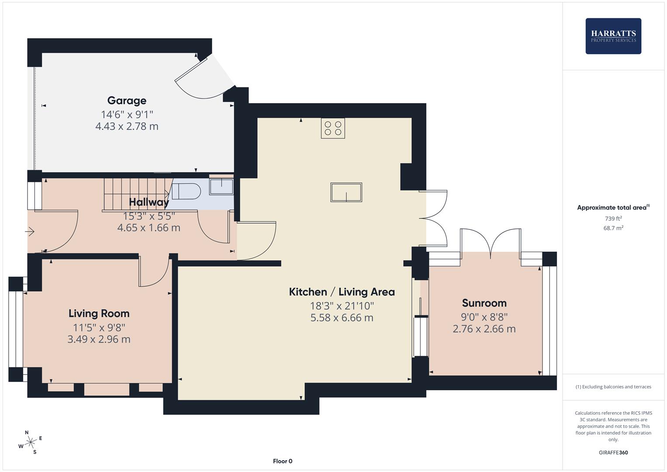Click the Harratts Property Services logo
(x=613, y=36)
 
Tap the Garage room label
(x=127, y=101)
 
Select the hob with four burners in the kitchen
(x=333, y=128)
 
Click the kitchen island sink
(x=346, y=192)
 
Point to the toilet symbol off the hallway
(x=186, y=191)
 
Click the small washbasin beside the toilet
(x=221, y=186)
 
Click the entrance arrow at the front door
(x=30, y=231)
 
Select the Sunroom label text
(x=484, y=303)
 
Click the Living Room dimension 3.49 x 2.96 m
(x=99, y=339)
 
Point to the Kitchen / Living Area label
(x=342, y=292)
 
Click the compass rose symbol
(x=31, y=442)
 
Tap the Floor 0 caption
(x=283, y=461)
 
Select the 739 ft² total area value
(x=613, y=219)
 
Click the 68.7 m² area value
(x=613, y=228)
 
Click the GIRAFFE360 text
(x=613, y=453)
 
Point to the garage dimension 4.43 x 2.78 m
(x=127, y=126)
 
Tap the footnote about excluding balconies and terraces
(x=613, y=387)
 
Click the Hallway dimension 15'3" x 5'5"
(x=149, y=216)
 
